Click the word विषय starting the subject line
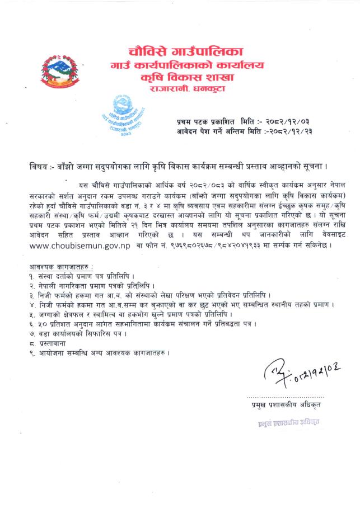click(x=40, y=167)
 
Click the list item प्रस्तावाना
click(x=55, y=343)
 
